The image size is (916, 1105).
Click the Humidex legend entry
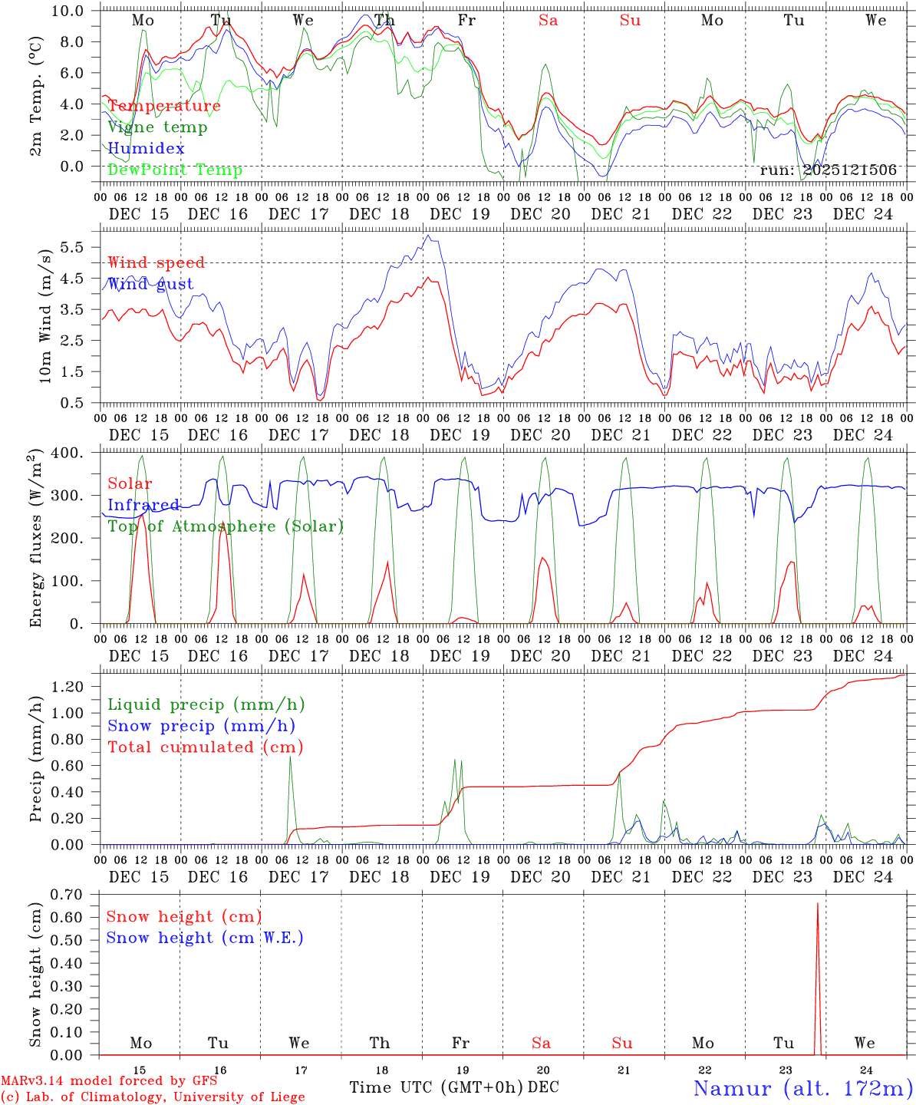click(x=146, y=148)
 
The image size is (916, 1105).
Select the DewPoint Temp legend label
click(x=175, y=170)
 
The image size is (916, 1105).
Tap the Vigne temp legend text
click(x=157, y=127)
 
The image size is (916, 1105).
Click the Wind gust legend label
click(x=150, y=284)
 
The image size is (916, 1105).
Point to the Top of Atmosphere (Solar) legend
click(x=226, y=526)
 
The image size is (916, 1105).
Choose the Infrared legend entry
click(x=143, y=505)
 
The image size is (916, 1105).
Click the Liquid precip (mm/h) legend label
click(x=206, y=704)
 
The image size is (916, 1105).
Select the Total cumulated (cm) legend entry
click(x=205, y=747)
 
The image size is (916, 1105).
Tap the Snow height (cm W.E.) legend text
click(x=205, y=938)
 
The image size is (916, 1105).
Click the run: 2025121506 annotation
click(x=828, y=170)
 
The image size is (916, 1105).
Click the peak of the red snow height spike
click(x=817, y=904)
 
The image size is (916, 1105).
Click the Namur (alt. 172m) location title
click(x=802, y=1088)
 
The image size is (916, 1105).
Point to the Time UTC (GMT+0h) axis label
click(x=437, y=1087)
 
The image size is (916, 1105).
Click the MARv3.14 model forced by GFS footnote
click(x=108, y=1080)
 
